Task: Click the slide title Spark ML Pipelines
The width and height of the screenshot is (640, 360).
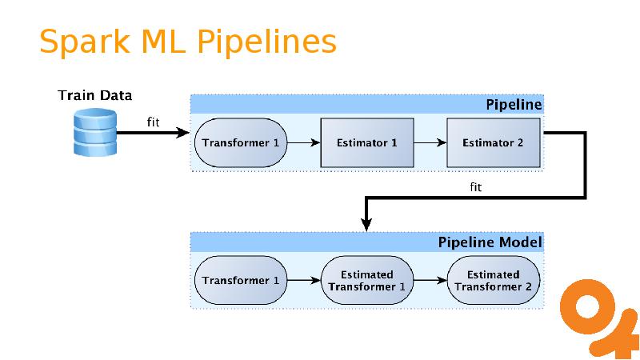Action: pos(188,42)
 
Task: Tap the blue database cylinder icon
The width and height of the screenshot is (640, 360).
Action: pos(94,134)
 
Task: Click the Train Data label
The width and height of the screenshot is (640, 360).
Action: pos(95,96)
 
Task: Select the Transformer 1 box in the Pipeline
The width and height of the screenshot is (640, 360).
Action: pos(241,143)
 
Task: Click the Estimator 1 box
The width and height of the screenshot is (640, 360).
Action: pos(367,143)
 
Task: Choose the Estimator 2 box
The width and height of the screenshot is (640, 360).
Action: pos(493,143)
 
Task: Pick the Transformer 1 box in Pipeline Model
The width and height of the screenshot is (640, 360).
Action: pos(241,281)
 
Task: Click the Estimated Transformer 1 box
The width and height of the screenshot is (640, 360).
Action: pos(367,281)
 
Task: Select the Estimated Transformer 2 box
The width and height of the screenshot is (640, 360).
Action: pos(493,281)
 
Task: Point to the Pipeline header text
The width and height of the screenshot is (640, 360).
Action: pos(514,105)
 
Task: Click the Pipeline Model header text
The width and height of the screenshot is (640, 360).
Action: pos(490,242)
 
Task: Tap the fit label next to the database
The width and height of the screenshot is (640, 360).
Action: pos(154,122)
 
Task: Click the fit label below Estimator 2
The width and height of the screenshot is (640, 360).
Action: pos(474,187)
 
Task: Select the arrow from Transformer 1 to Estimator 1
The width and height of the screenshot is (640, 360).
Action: pos(304,143)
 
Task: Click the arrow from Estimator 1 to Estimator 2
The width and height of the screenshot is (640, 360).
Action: pos(430,143)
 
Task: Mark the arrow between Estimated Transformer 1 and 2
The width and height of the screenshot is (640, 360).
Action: pos(430,281)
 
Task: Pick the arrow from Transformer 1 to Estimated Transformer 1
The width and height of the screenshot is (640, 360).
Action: pos(304,281)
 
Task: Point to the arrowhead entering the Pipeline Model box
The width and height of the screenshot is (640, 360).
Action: pos(366,226)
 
